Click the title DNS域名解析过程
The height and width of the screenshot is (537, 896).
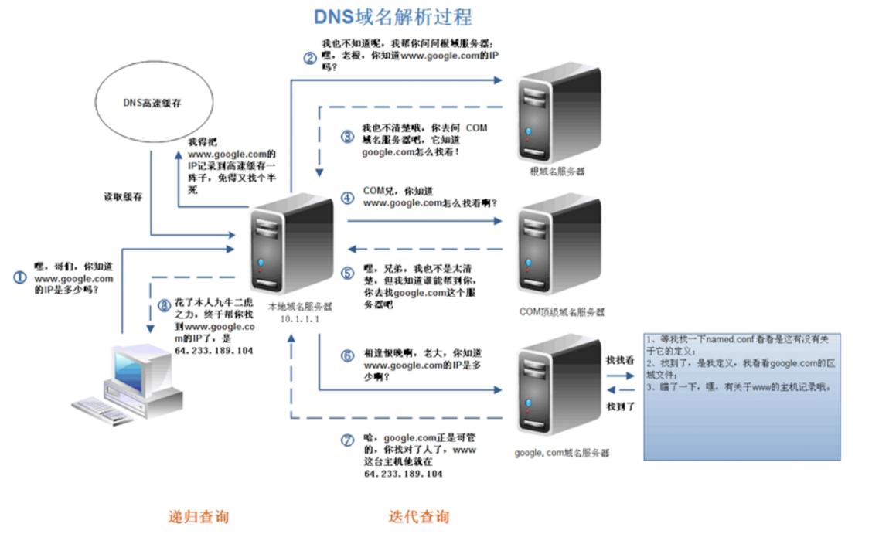[392, 16]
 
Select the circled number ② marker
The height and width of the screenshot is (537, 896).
[309, 56]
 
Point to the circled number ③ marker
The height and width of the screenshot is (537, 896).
[348, 138]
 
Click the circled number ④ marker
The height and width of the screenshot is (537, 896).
[348, 198]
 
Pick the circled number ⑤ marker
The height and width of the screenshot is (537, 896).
[348, 274]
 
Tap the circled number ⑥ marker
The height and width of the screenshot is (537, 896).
[348, 355]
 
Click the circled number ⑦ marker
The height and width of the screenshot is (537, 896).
[348, 440]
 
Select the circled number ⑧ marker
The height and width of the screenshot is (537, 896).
[163, 305]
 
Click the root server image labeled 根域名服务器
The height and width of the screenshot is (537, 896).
[559, 112]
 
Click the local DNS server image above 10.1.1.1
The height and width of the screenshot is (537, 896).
[291, 244]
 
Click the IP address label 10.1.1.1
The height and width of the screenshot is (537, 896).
[300, 318]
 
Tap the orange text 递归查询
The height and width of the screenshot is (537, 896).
[199, 516]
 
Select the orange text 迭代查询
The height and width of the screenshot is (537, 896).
[418, 516]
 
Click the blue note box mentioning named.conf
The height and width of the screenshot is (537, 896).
[741, 396]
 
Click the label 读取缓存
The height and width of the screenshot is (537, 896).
[124, 197]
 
